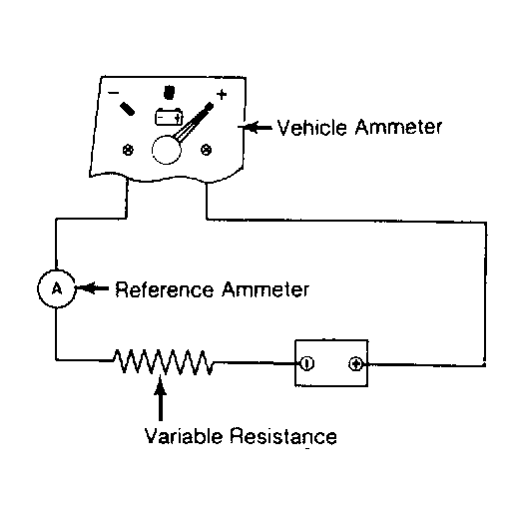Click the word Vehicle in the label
pos(311,127)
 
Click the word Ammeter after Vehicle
pos(398,127)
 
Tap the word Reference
pos(164,289)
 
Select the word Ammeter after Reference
pos(265,289)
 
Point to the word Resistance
pos(283,436)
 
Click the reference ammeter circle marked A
pos(56,288)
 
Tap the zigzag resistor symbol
pos(163,362)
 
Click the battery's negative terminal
pos(307,363)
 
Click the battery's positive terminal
pos(355,363)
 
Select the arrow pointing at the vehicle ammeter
pos(256,127)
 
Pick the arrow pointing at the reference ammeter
pos(93,287)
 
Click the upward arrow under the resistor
pos(161,398)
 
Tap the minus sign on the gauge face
pos(114,93)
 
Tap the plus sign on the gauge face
pos(222,95)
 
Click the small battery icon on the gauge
pos(169,117)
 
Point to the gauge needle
pos(194,122)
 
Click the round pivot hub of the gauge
pos(167,150)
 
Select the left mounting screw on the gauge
pos(128,150)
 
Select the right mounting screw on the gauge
pos(206,150)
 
